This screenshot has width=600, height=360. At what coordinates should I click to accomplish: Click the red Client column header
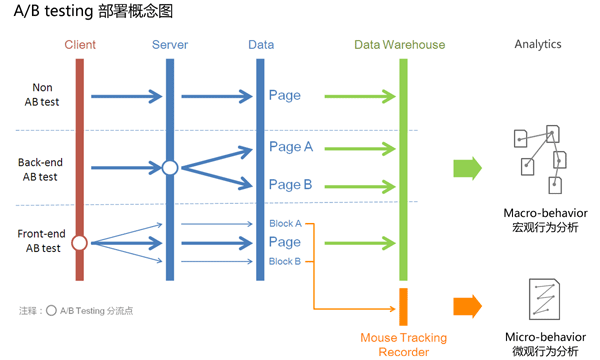coord(80,45)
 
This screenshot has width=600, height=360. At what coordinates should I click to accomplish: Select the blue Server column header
coord(170,45)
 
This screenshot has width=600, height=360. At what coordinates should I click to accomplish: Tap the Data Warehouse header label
coord(400,45)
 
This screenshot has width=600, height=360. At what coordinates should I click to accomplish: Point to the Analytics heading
coord(538,45)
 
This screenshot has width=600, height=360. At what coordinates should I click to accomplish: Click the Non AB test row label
coord(42,95)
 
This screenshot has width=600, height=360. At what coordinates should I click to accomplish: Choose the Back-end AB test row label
coord(42,168)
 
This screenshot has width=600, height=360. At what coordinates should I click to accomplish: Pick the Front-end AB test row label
coord(40,241)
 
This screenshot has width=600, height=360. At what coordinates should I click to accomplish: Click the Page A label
coord(291,147)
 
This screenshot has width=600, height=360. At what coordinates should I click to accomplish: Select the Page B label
coord(291,185)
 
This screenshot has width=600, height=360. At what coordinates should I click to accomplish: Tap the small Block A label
coord(285,223)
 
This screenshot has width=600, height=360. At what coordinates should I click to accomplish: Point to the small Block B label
coord(285,261)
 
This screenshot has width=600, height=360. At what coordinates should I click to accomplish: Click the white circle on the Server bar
coord(170,167)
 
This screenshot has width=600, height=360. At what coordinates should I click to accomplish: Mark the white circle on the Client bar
coord(80,242)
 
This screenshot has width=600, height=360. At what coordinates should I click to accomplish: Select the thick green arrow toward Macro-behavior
coord(467,167)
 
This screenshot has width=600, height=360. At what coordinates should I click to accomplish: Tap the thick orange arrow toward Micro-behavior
coord(467,306)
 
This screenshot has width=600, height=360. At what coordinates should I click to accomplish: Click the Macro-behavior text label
coord(545,213)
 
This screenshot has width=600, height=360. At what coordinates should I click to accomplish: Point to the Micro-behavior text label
coord(545,337)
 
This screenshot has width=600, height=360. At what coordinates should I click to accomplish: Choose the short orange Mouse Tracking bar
coord(403,307)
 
